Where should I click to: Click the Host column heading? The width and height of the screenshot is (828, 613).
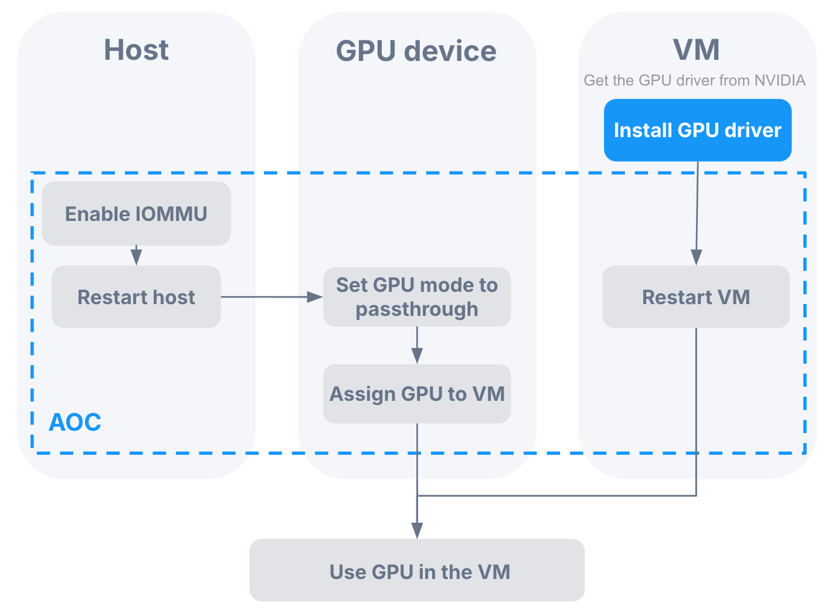coord(136,50)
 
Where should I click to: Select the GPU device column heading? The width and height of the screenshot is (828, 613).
coord(416,51)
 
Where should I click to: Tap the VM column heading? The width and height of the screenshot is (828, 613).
coord(696,50)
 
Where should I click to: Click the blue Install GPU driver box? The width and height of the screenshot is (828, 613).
coord(697,130)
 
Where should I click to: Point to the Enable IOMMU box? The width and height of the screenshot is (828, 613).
coord(136,214)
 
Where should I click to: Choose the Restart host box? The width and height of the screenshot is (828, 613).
coord(136,297)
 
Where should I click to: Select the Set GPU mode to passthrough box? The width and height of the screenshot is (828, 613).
coord(417,297)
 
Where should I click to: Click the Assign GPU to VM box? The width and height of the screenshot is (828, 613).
coord(417,394)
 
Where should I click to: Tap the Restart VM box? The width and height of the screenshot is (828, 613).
coord(696,297)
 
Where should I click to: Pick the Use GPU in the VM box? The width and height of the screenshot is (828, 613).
coord(417,571)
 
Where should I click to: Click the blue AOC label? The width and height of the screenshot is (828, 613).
coord(74,423)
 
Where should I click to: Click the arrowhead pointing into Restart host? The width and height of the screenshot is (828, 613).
coord(137,258)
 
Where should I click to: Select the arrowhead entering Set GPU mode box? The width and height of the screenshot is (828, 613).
coord(315,297)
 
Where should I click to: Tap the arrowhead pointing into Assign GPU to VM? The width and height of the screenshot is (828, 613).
coord(417,356)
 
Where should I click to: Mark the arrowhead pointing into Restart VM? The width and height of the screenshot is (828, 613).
coord(696,257)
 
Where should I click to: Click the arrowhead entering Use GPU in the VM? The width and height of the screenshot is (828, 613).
coord(417,531)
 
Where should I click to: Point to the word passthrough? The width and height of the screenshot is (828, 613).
coord(417,309)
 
